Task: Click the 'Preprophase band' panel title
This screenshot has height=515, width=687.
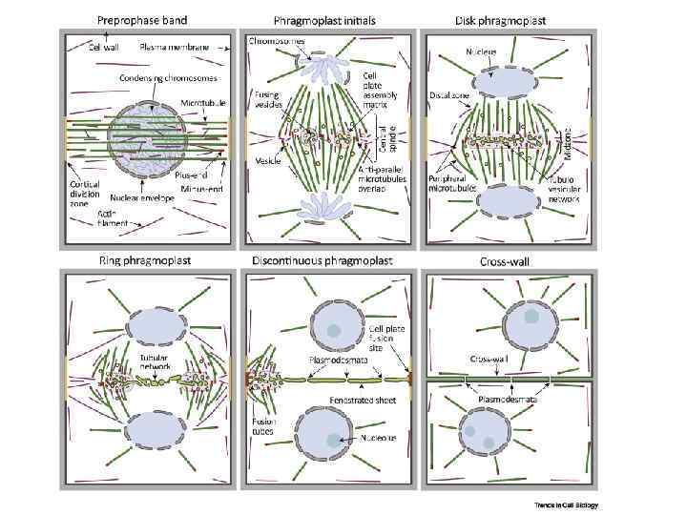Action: point(142,19)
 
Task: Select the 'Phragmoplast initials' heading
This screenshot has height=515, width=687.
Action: point(323,19)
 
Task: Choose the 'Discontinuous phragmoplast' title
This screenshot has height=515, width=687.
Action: point(327,259)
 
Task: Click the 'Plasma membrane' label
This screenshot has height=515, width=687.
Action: point(172,45)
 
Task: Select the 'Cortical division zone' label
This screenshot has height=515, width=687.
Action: point(88,191)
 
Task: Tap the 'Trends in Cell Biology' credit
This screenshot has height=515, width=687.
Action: point(566,505)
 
